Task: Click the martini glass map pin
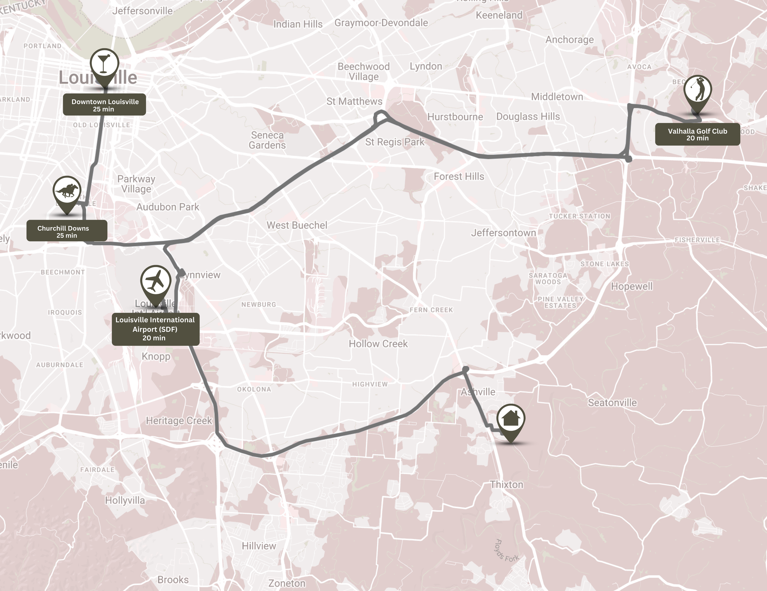point(104,63)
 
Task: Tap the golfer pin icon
point(697,90)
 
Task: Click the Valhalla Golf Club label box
point(697,134)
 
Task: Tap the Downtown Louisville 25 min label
point(104,105)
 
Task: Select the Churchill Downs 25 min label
point(67,231)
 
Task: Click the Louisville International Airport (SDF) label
point(155,329)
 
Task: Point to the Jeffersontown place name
point(503,233)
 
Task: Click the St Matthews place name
point(354,102)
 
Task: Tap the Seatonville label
point(612,403)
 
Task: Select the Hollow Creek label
point(378,344)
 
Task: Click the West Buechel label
point(297,225)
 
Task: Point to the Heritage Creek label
point(179,421)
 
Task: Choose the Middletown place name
point(557,97)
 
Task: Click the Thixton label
point(507,484)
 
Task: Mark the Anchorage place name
point(569,40)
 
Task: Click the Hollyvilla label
point(125,500)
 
